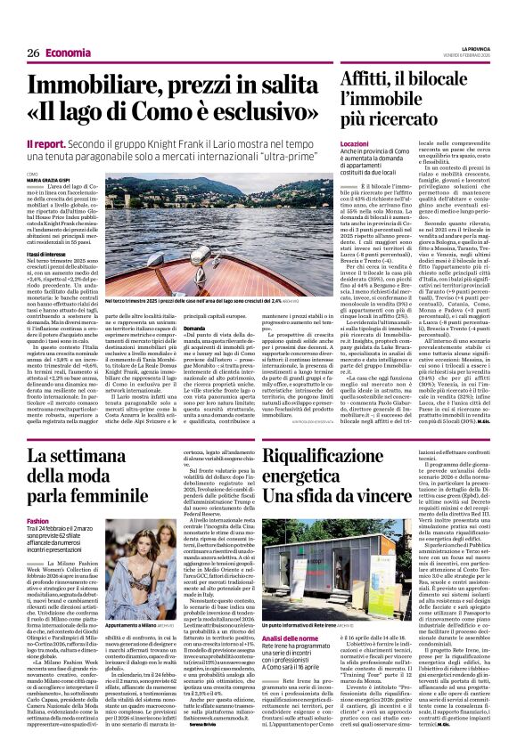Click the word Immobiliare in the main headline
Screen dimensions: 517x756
(86, 87)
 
